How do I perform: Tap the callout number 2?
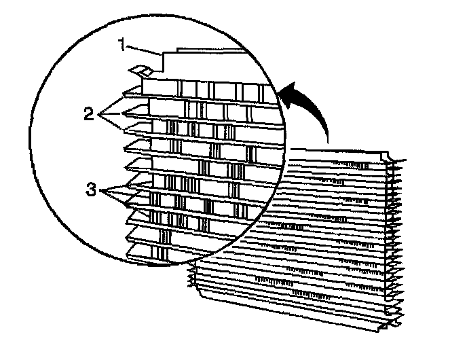click(89, 113)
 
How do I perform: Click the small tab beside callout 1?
click(142, 70)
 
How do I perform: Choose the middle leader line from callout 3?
click(119, 195)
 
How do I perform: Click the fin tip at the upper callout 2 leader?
click(124, 94)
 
